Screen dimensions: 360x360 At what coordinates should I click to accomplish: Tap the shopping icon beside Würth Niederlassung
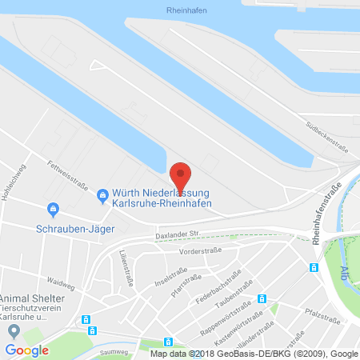(x=102, y=194)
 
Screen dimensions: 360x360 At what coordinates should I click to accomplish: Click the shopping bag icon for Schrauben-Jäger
(x=53, y=210)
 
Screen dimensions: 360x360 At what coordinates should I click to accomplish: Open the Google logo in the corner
(x=26, y=350)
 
